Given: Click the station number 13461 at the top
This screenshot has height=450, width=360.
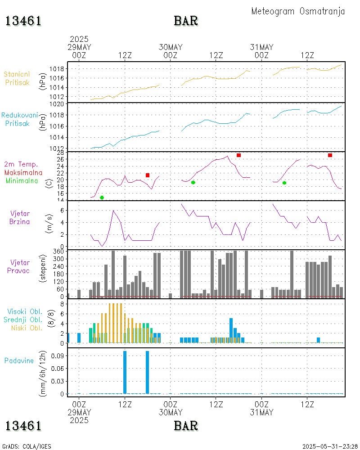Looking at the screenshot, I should tap(23, 21).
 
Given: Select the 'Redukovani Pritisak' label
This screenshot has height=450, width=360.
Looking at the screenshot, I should tap(19, 119).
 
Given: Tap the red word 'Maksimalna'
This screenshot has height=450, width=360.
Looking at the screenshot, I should tap(23, 172).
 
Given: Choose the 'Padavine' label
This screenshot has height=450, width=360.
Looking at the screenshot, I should tap(19, 360).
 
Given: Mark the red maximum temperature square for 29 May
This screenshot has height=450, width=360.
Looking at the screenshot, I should tap(148, 175).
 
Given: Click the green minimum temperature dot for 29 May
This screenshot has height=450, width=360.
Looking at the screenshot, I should tap(102, 198).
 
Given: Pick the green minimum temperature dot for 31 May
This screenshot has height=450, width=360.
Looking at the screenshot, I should tap(284, 183).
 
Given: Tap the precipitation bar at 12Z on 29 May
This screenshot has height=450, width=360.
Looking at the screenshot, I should tap(125, 372).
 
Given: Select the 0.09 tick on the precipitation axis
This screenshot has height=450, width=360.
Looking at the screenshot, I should tap(58, 355).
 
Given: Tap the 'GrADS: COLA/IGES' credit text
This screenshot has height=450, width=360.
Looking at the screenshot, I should tap(27, 447).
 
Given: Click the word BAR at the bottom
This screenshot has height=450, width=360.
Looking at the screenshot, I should tap(186, 425).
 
